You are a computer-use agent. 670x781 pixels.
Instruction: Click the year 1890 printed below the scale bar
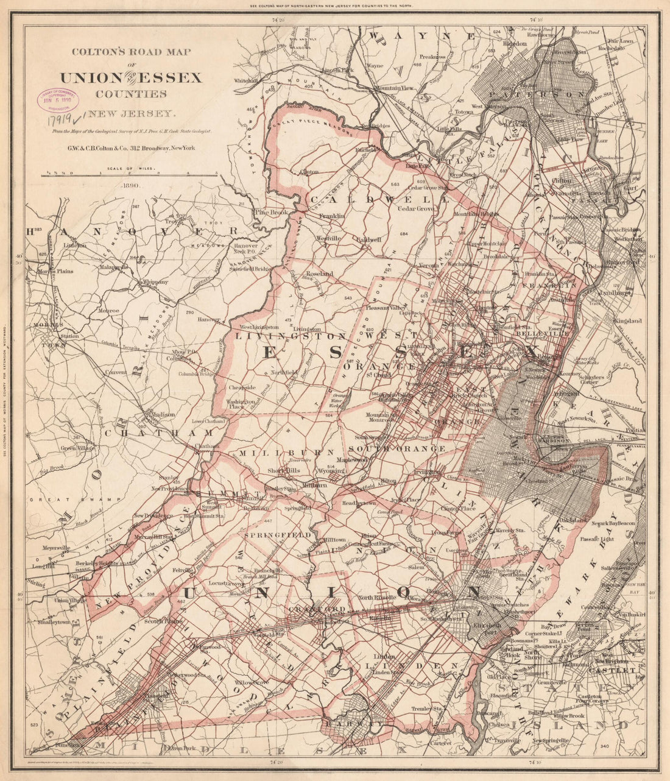tap(130, 185)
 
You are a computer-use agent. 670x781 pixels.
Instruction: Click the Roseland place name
tap(319, 274)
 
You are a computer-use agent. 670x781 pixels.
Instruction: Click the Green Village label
tap(77, 448)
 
